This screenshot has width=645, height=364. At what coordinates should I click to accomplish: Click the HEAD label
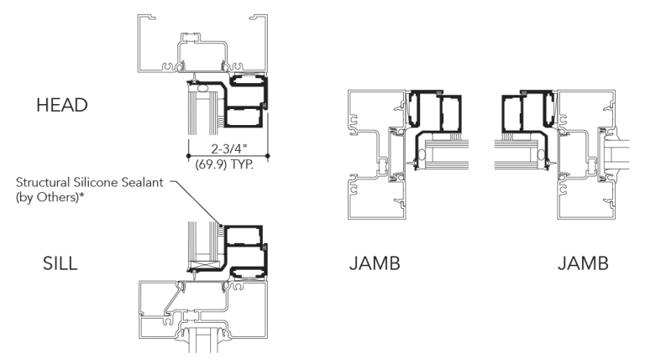click(62, 105)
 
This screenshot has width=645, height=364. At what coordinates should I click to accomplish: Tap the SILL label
click(60, 263)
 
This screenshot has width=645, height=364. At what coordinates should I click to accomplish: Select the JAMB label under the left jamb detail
click(375, 263)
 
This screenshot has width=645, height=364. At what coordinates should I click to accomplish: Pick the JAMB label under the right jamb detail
click(584, 263)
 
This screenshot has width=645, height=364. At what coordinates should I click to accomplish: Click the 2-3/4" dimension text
click(229, 148)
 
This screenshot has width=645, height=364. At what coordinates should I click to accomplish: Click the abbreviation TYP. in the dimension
click(242, 164)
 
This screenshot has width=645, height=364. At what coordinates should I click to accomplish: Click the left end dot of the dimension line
click(188, 156)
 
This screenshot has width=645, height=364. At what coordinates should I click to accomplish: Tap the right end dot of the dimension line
click(268, 156)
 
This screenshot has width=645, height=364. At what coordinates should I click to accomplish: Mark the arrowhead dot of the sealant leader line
click(221, 226)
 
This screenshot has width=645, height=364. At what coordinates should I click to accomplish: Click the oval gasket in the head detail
click(202, 88)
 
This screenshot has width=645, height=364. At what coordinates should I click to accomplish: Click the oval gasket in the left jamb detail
click(422, 155)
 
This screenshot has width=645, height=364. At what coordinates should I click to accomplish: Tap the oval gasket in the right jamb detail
click(542, 154)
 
